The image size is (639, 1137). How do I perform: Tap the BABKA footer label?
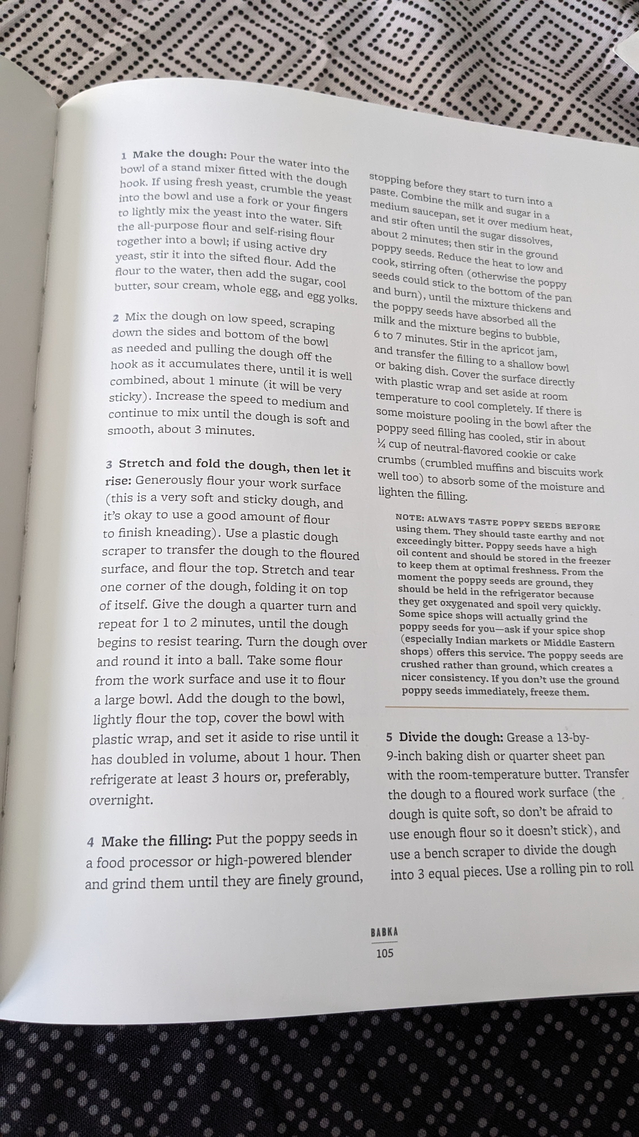[384, 932]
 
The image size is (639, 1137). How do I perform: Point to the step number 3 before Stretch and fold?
[109, 465]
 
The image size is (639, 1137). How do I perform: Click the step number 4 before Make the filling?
[90, 842]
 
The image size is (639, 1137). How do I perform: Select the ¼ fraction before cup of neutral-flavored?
[381, 444]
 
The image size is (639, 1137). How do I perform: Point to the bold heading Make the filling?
[157, 840]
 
